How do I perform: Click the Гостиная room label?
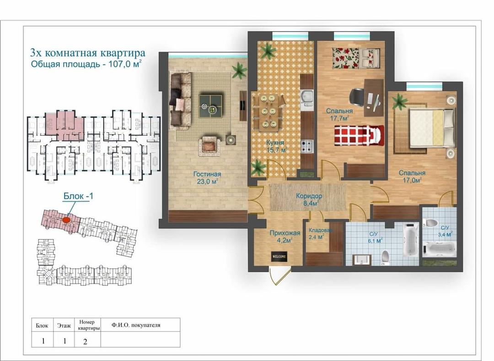tap(207, 174)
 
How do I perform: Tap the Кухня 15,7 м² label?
tap(276, 146)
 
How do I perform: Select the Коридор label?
tap(309, 196)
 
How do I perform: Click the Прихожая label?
tap(285, 233)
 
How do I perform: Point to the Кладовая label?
tap(320, 230)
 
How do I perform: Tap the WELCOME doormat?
tap(279, 257)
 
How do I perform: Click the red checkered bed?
tap(359, 136)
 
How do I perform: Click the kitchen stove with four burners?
tap(307, 146)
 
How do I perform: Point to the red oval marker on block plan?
tap(66, 219)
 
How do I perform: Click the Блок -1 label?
tap(78, 196)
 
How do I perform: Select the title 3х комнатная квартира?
tap(87, 53)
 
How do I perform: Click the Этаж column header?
tap(64, 326)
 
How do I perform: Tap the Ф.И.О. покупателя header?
tap(136, 325)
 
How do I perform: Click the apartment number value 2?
tap(85, 342)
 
